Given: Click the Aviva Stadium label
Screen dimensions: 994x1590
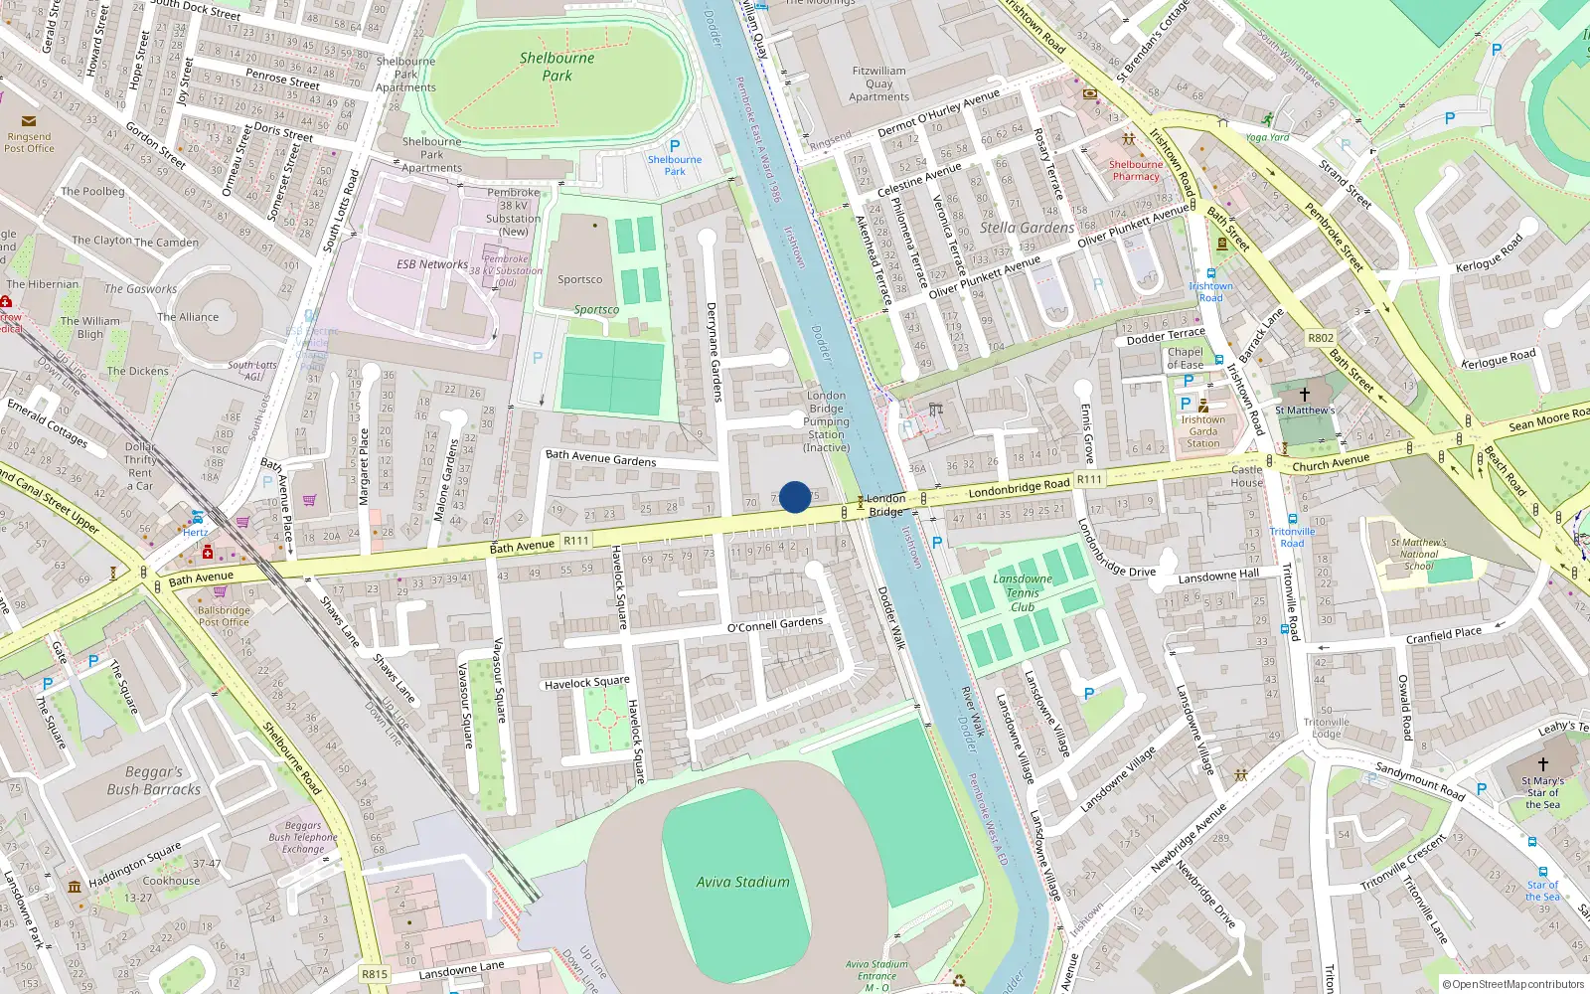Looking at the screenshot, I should tap(742, 882).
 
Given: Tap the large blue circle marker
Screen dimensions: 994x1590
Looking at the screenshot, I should tap(795, 497).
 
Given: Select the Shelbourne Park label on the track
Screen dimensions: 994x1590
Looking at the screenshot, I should tap(556, 67).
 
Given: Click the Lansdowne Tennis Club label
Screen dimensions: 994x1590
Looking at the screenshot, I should tap(1022, 592).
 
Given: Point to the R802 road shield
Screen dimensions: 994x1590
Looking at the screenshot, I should tap(1321, 338).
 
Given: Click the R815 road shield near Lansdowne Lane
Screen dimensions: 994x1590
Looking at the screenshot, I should tap(374, 974).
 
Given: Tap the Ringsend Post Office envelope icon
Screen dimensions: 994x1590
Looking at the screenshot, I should tap(28, 121).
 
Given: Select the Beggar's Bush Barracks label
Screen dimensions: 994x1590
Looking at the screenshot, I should tap(154, 780).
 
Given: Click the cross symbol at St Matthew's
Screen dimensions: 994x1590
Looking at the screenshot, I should tap(1305, 394).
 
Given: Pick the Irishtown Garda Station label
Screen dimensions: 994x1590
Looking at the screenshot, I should tap(1202, 431).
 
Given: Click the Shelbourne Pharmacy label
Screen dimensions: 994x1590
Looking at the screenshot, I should tap(1136, 170).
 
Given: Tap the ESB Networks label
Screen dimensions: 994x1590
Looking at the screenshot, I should tap(431, 264).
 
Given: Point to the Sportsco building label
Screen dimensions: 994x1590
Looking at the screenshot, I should tap(579, 279).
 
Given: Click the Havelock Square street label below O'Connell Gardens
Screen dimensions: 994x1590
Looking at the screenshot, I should tap(586, 683).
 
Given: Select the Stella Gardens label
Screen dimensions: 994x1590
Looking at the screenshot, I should tap(1027, 228).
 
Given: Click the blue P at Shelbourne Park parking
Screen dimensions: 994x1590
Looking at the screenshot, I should tap(675, 146).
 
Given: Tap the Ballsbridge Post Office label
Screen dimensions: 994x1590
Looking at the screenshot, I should tap(224, 616).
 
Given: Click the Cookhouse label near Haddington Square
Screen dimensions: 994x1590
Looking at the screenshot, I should tap(171, 881).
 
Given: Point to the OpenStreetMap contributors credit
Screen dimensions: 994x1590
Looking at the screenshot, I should tap(1512, 984).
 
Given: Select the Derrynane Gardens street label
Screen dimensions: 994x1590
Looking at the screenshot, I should tap(714, 352).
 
